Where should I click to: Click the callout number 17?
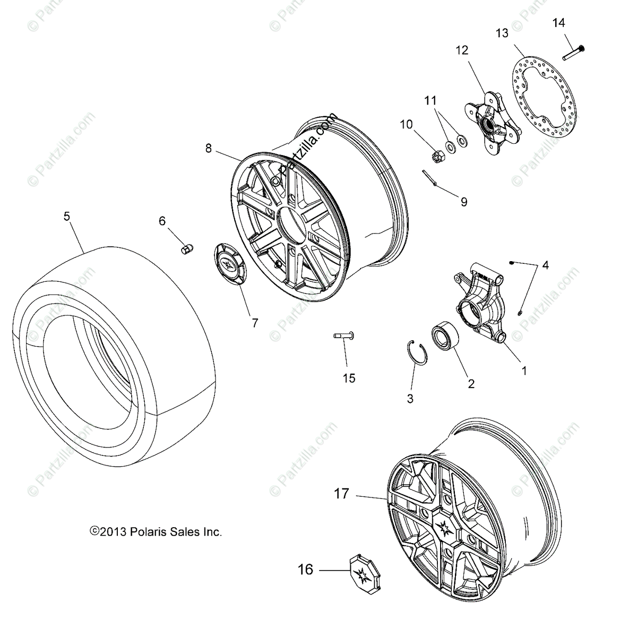pyautogui.click(x=341, y=494)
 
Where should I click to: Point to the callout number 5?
pyautogui.click(x=66, y=217)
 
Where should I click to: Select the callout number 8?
pyautogui.click(x=209, y=149)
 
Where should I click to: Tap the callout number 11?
pyautogui.click(x=430, y=99)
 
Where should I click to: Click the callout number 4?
pyautogui.click(x=545, y=265)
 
